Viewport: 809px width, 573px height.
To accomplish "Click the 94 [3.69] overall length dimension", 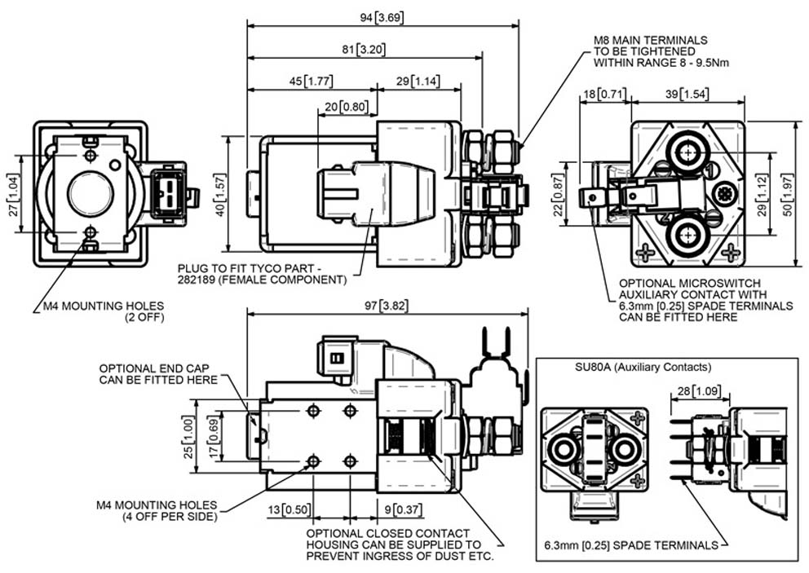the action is (x=382, y=18).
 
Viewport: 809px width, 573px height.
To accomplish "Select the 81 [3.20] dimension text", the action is (x=364, y=50).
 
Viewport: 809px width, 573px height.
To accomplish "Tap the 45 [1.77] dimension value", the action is (x=311, y=82).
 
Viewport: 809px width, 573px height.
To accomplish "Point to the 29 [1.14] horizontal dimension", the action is (x=418, y=82).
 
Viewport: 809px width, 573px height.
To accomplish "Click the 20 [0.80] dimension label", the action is (x=347, y=107).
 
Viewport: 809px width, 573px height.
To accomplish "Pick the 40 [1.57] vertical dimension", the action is (x=220, y=195).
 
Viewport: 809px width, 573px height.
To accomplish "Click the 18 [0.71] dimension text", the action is (x=604, y=94).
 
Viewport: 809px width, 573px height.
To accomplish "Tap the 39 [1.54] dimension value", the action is (x=687, y=94).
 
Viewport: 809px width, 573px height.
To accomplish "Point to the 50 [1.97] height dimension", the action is (x=788, y=195).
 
